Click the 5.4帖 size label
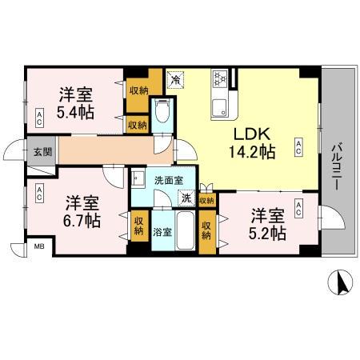click(75, 111)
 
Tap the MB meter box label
click(38, 248)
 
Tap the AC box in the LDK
click(298, 146)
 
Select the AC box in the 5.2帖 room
click(298, 209)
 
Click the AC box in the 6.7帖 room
click(38, 192)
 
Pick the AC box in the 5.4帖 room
click(38, 118)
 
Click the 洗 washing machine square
click(185, 198)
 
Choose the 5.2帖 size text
click(267, 233)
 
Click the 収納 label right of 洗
click(206, 201)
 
